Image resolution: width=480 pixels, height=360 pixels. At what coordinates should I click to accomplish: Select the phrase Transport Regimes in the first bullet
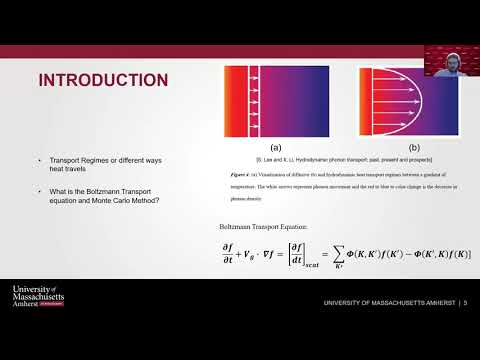71,160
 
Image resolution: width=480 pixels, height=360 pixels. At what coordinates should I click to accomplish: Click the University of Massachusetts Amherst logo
39,297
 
